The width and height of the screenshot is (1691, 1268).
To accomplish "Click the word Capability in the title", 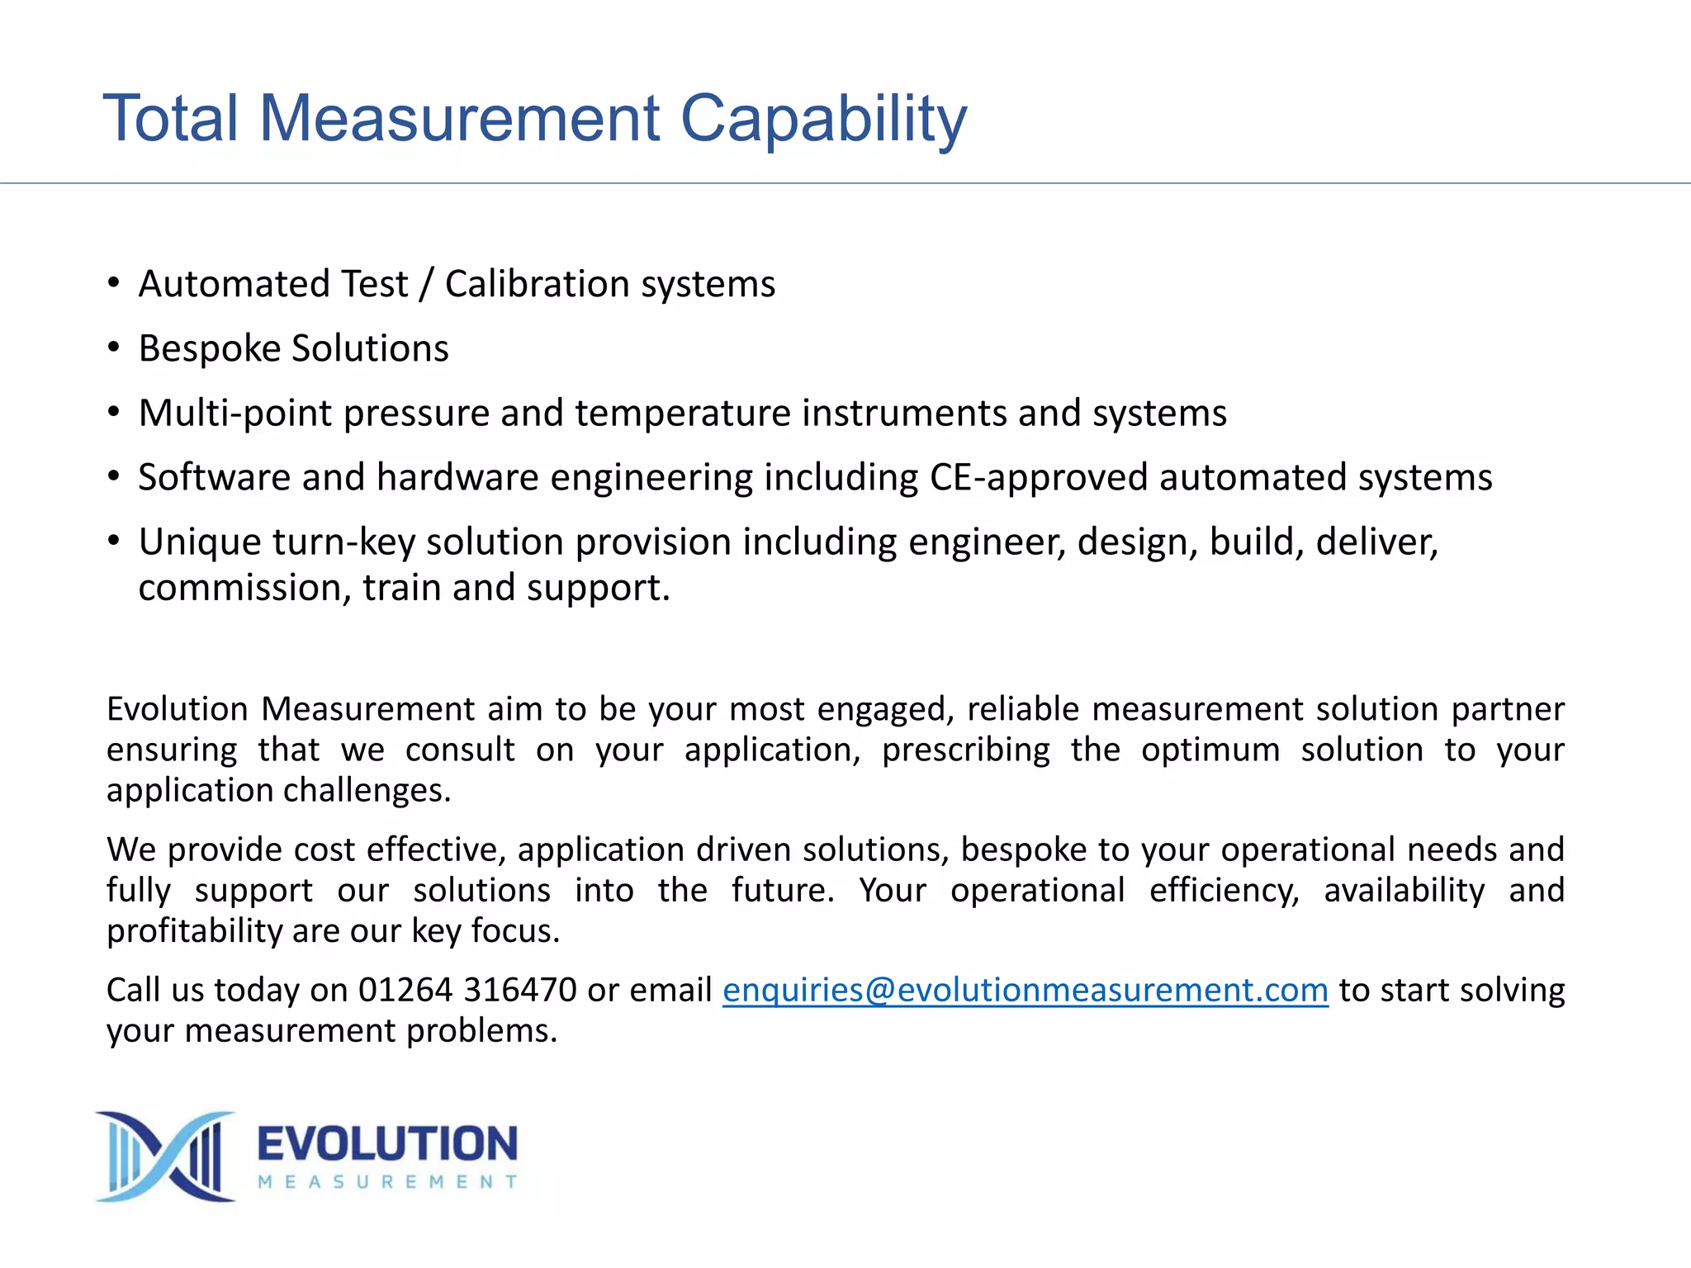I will [823, 120].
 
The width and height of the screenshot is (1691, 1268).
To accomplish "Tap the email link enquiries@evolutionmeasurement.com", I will [1025, 990].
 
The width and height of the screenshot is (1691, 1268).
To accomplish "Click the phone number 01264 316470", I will [467, 990].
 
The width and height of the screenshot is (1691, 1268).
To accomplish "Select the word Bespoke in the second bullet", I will [210, 349].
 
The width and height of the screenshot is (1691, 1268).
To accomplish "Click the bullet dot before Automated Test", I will [114, 283].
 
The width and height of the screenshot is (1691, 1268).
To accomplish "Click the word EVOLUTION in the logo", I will [387, 1144].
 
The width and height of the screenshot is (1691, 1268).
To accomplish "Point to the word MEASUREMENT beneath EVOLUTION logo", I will [387, 1182].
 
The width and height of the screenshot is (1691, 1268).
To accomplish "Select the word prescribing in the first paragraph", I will [965, 750].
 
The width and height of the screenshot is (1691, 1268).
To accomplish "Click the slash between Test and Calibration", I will [426, 284].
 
